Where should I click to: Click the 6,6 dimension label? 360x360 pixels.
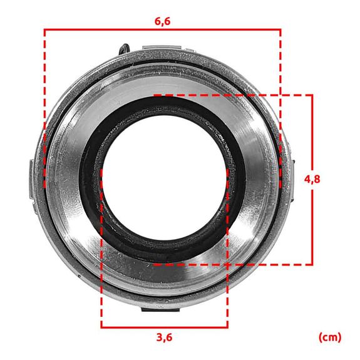tap(163, 20)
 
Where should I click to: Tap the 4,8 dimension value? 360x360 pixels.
tap(312, 179)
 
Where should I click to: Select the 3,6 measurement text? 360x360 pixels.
tap(164, 337)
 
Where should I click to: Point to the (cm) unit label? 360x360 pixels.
tap(330, 337)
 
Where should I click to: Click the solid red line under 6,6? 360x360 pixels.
tap(163, 29)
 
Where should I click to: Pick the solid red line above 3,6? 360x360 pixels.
tap(164, 327)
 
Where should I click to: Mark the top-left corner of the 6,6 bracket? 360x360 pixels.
tap(44, 29)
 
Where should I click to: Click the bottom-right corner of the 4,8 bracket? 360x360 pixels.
tap(312, 265)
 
